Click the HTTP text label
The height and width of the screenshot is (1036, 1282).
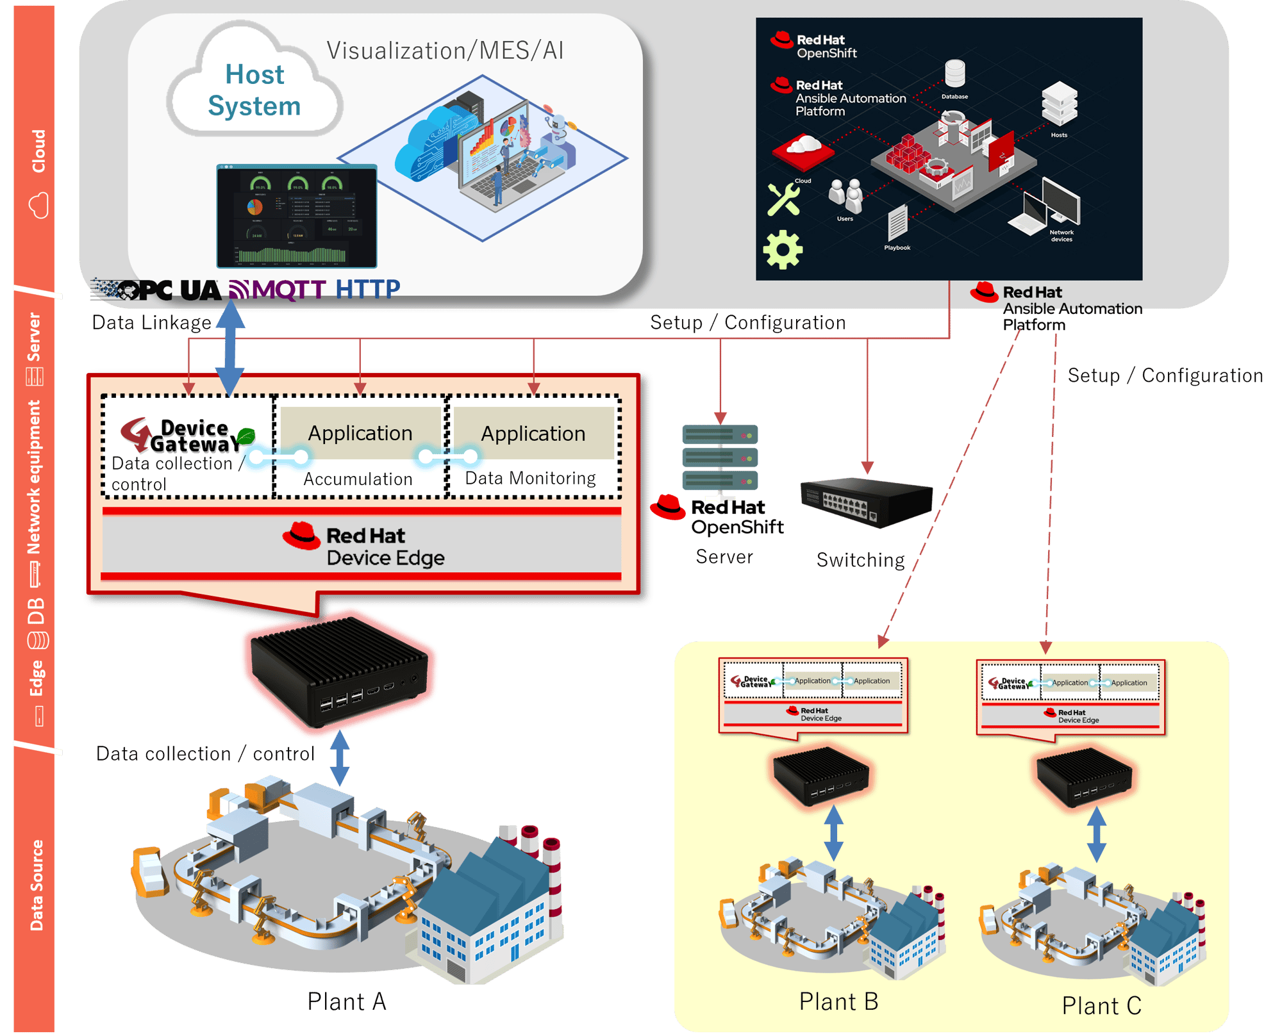367,289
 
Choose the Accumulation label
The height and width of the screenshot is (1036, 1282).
358,479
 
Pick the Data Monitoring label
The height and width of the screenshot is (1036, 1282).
530,478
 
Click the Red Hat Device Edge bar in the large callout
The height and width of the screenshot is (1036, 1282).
362,545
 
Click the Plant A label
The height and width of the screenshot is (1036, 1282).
347,1001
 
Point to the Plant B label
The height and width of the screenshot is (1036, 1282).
838,1001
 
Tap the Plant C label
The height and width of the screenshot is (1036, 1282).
1101,1005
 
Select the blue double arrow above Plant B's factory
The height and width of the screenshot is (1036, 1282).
833,832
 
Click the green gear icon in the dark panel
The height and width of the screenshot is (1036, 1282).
783,249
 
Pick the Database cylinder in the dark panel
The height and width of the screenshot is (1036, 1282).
954,74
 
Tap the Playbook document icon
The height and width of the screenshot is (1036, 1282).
897,224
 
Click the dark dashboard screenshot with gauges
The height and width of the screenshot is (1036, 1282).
297,216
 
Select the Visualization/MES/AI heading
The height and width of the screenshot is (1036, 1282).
445,51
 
